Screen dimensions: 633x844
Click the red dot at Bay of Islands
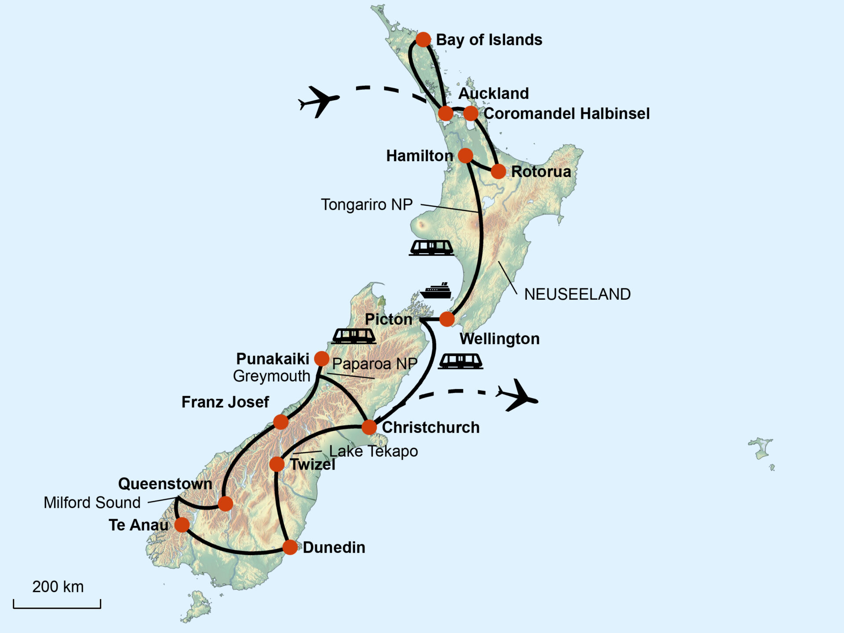coord(423,40)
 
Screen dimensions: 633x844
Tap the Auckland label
coord(493,93)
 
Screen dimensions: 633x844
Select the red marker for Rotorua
coord(498,171)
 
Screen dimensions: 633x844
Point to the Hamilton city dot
coord(465,155)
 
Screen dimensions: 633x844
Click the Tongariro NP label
coord(367,205)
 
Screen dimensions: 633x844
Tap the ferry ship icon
coord(435,291)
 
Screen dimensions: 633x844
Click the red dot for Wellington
coord(447,319)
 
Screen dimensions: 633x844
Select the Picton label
coord(389,319)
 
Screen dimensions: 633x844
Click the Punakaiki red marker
coord(321,359)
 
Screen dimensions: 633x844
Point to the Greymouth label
coord(271,376)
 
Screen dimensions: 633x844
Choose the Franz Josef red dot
coord(281,422)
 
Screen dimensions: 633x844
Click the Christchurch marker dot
coord(369,427)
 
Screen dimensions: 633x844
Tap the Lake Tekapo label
coord(373,451)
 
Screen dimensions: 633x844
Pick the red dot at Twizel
coord(276,464)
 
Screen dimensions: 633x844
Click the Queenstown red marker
coord(225,504)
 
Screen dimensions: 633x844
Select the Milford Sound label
coord(92,502)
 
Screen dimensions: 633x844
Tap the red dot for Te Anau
coord(182,524)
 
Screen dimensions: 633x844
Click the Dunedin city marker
coord(290,547)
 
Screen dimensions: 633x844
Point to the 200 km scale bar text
coord(58,587)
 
